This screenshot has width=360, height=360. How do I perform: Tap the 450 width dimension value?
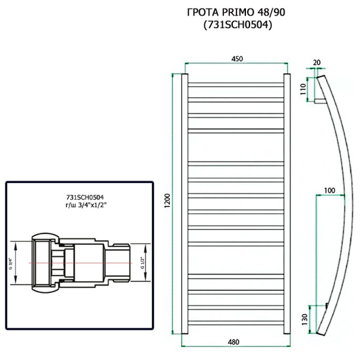point(237,59)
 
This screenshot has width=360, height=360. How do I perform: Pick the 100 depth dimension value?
point(329,191)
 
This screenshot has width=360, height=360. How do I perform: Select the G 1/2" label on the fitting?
point(143,262)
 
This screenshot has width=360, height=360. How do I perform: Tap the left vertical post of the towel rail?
point(184,204)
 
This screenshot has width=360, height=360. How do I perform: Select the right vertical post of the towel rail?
point(287,204)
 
